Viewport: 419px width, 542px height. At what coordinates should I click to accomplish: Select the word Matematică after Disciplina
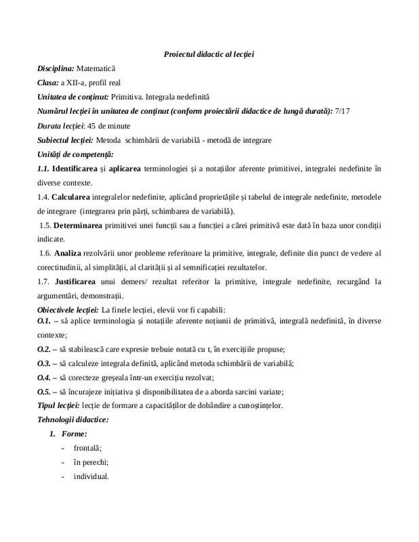(x=97, y=68)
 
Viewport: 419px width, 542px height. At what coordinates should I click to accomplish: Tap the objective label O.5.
(x=44, y=391)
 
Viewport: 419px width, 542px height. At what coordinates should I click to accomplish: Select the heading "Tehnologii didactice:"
(x=73, y=419)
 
